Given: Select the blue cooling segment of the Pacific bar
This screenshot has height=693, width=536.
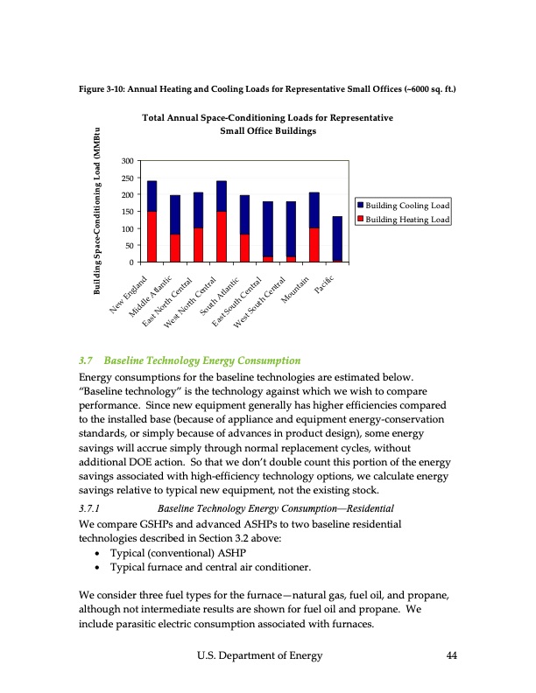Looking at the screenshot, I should (x=337, y=237).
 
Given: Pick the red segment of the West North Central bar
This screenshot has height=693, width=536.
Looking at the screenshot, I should (x=221, y=236).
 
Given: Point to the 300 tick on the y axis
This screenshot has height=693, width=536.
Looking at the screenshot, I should (x=127, y=162).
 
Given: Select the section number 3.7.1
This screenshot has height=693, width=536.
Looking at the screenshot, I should (x=90, y=507).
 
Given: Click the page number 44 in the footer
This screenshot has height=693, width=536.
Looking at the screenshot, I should (x=452, y=655).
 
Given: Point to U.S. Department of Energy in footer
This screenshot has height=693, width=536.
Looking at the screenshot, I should (x=259, y=655).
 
